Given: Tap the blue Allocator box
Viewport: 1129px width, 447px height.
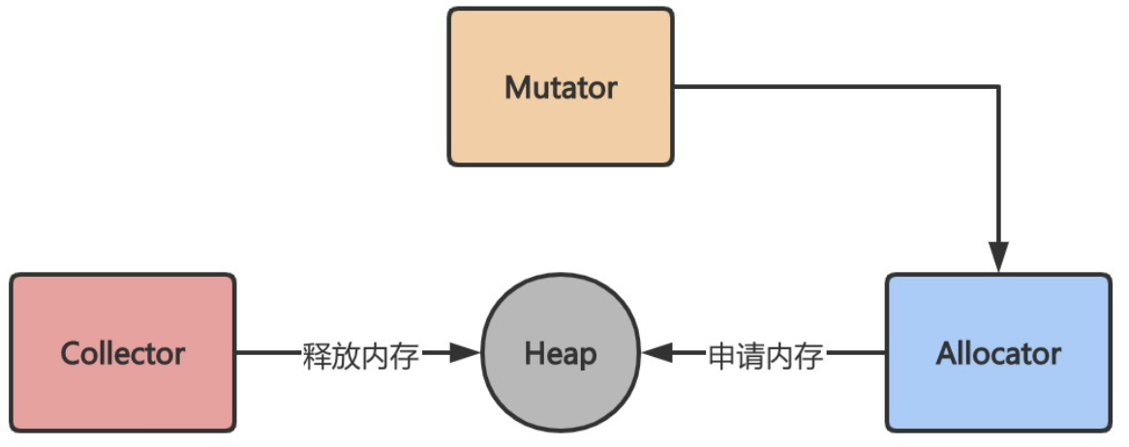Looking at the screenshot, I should [x=998, y=387].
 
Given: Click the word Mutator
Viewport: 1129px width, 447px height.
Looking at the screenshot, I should [x=561, y=88].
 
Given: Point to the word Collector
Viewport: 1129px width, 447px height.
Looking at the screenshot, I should [x=123, y=353].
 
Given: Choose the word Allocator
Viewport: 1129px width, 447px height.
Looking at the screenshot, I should [x=998, y=353].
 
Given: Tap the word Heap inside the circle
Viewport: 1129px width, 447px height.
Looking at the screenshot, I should [x=561, y=353].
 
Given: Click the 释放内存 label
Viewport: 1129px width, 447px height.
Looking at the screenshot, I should [x=361, y=355].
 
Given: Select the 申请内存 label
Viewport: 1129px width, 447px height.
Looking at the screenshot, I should [x=766, y=355].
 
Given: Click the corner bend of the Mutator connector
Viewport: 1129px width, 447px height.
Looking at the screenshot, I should [x=998, y=87].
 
